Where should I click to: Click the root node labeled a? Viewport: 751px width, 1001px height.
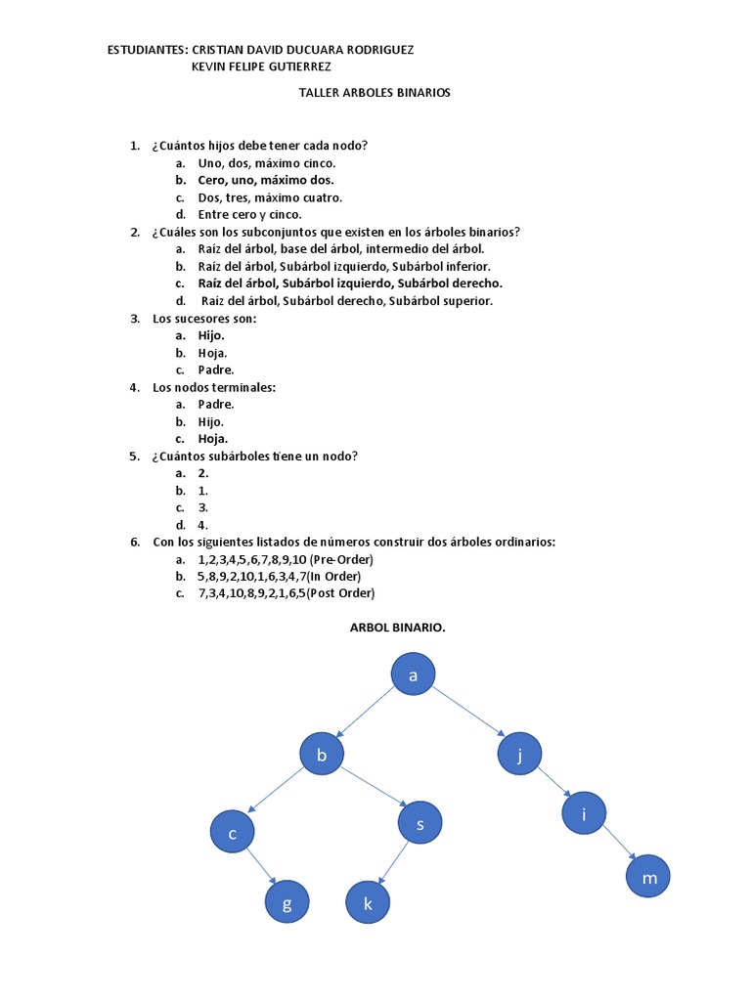(x=413, y=675)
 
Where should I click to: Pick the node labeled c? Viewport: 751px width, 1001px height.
(x=233, y=833)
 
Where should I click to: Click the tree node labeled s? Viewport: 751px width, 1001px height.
(x=420, y=823)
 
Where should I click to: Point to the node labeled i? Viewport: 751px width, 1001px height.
(x=584, y=813)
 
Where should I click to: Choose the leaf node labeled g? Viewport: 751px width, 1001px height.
(x=287, y=903)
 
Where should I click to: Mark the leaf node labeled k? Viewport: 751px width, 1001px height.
(x=368, y=903)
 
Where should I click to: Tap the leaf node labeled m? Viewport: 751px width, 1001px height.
(x=649, y=877)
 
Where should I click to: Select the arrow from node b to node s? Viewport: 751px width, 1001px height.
(x=373, y=790)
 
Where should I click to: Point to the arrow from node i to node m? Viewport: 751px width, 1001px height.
(x=618, y=845)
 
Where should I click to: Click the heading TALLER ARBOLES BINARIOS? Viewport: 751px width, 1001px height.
(x=374, y=93)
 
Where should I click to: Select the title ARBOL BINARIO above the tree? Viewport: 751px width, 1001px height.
(x=397, y=628)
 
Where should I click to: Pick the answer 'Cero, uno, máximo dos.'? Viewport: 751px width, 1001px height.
(x=265, y=180)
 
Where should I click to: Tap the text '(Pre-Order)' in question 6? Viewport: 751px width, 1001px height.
(x=341, y=559)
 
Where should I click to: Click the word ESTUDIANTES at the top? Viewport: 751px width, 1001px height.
(x=147, y=49)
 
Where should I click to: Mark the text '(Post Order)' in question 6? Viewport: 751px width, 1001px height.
(x=340, y=592)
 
